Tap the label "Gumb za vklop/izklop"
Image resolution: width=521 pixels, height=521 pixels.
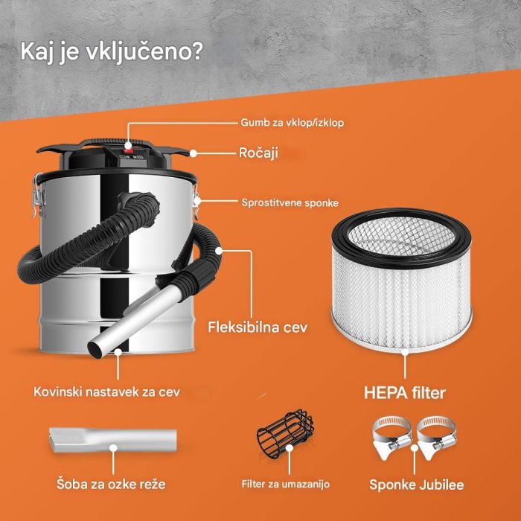292,121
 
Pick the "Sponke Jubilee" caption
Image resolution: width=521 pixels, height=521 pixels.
416,485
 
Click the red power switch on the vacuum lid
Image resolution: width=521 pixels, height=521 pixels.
129,148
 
